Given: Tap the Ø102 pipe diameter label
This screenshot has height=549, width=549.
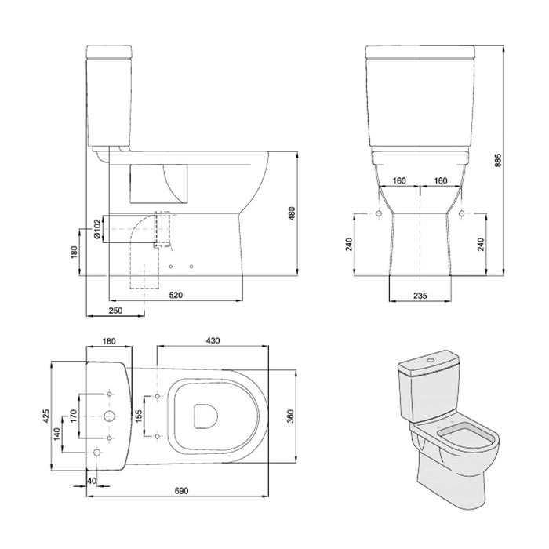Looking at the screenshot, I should pos(96,228).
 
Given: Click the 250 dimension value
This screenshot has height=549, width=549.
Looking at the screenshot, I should pos(115,311).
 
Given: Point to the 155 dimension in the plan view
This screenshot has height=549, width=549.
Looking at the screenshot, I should pos(138,416).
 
